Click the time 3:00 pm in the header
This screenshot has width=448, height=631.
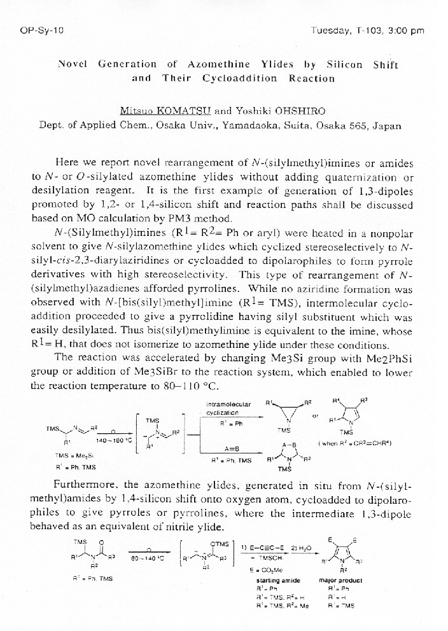point(406,30)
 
